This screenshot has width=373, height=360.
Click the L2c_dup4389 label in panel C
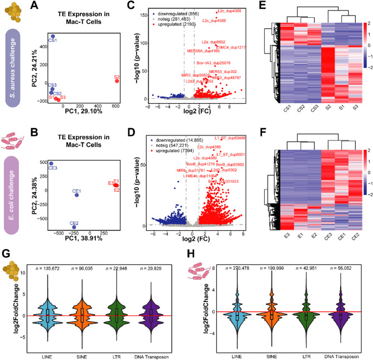(227, 12)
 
